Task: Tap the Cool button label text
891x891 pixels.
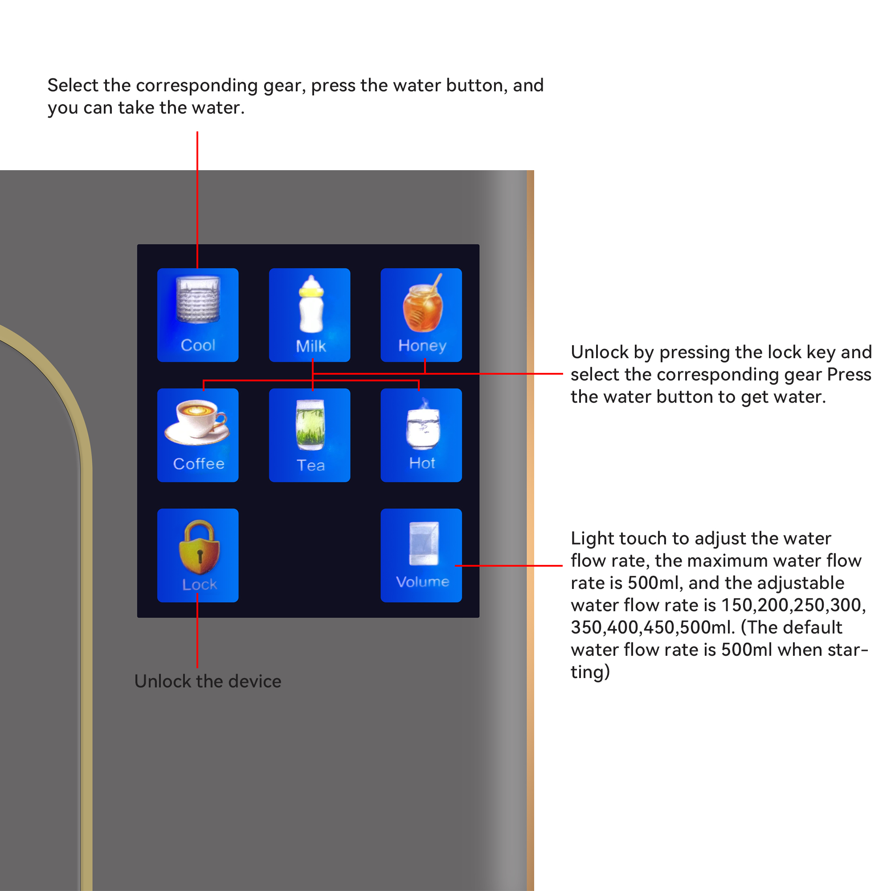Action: [198, 345]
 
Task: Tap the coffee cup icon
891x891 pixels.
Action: [197, 422]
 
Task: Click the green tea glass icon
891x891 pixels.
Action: [311, 425]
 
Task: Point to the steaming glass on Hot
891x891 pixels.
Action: [423, 424]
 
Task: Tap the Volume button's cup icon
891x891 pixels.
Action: [424, 543]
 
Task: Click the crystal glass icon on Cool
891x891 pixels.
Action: [198, 299]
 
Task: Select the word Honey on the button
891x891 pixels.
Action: [422, 346]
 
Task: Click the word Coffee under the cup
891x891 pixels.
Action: [199, 463]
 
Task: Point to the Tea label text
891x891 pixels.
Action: [311, 465]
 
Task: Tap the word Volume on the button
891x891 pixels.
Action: [422, 581]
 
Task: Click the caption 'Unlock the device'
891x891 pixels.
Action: [208, 681]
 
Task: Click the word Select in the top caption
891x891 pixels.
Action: [73, 86]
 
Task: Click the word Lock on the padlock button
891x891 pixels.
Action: [199, 584]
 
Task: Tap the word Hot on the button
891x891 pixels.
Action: [422, 463]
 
